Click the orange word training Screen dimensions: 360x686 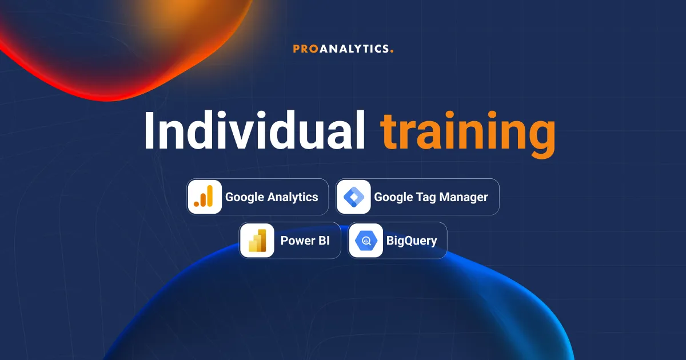coord(468,133)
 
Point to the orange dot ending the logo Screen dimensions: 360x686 coord(392,51)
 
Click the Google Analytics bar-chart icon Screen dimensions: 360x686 coord(204,197)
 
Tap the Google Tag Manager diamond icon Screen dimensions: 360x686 coord(353,197)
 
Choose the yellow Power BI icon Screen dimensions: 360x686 coord(257,241)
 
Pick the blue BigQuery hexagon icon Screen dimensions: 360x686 coord(366,241)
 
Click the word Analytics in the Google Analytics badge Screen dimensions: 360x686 coord(293,197)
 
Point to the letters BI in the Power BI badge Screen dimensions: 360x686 coord(323,241)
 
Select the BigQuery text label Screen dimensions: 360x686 coord(412,241)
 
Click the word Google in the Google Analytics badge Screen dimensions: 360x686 coord(245,197)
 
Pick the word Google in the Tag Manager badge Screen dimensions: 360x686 coord(393,197)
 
